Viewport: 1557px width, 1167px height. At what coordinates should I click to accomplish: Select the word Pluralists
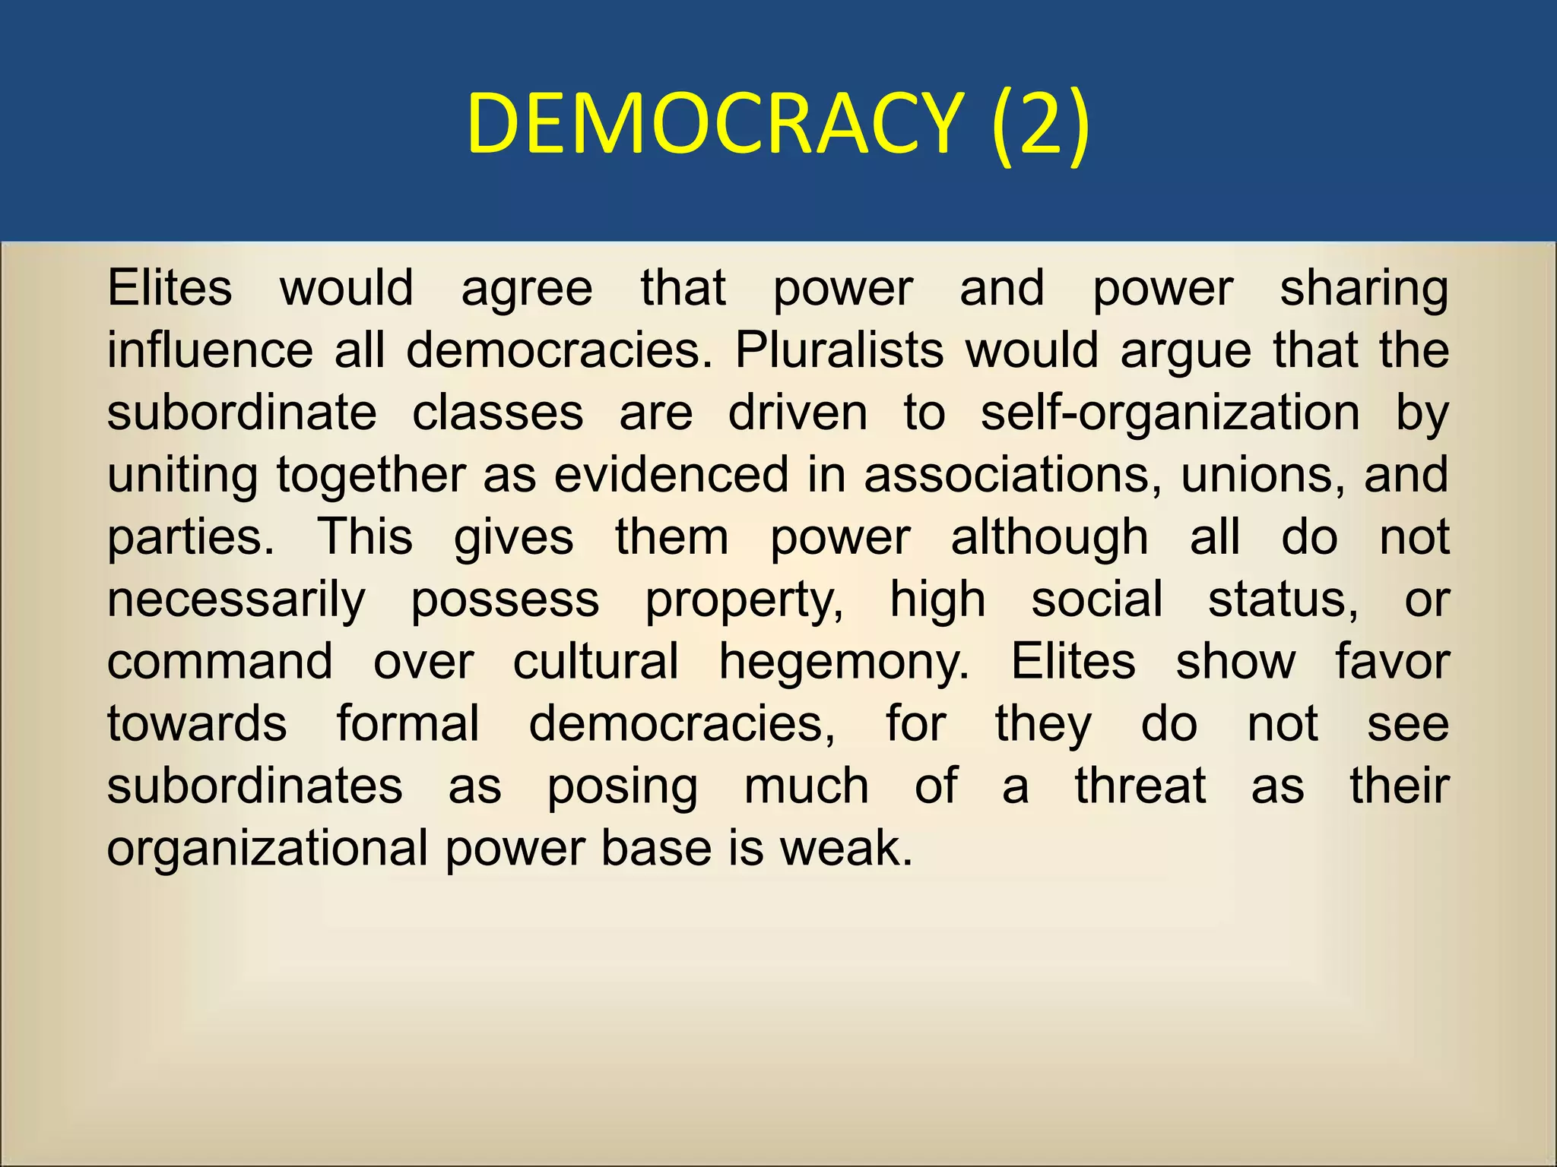pyautogui.click(x=839, y=351)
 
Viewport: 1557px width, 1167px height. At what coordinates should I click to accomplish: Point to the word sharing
pyautogui.click(x=1364, y=289)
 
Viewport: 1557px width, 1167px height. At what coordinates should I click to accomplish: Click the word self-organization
pyautogui.click(x=1170, y=414)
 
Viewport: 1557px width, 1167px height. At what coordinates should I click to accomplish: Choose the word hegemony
pyautogui.click(x=844, y=663)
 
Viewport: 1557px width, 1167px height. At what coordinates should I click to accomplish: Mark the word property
pyautogui.click(x=744, y=601)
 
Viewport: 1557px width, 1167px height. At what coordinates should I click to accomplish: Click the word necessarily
pyautogui.click(x=236, y=601)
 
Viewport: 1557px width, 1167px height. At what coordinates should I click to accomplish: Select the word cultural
pyautogui.click(x=595, y=662)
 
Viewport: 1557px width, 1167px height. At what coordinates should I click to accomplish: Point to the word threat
pyautogui.click(x=1140, y=786)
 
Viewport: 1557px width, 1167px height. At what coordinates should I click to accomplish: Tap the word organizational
pyautogui.click(x=268, y=849)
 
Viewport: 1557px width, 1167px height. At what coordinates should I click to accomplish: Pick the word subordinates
pyautogui.click(x=255, y=786)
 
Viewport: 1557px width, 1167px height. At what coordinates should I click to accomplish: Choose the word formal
pyautogui.click(x=407, y=723)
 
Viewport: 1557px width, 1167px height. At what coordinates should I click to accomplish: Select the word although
pyautogui.click(x=1049, y=538)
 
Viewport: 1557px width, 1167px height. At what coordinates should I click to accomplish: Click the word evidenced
pyautogui.click(x=671, y=476)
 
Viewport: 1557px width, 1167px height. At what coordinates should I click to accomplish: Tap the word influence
pyautogui.click(x=210, y=351)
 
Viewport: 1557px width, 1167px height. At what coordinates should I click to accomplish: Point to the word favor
pyautogui.click(x=1392, y=662)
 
